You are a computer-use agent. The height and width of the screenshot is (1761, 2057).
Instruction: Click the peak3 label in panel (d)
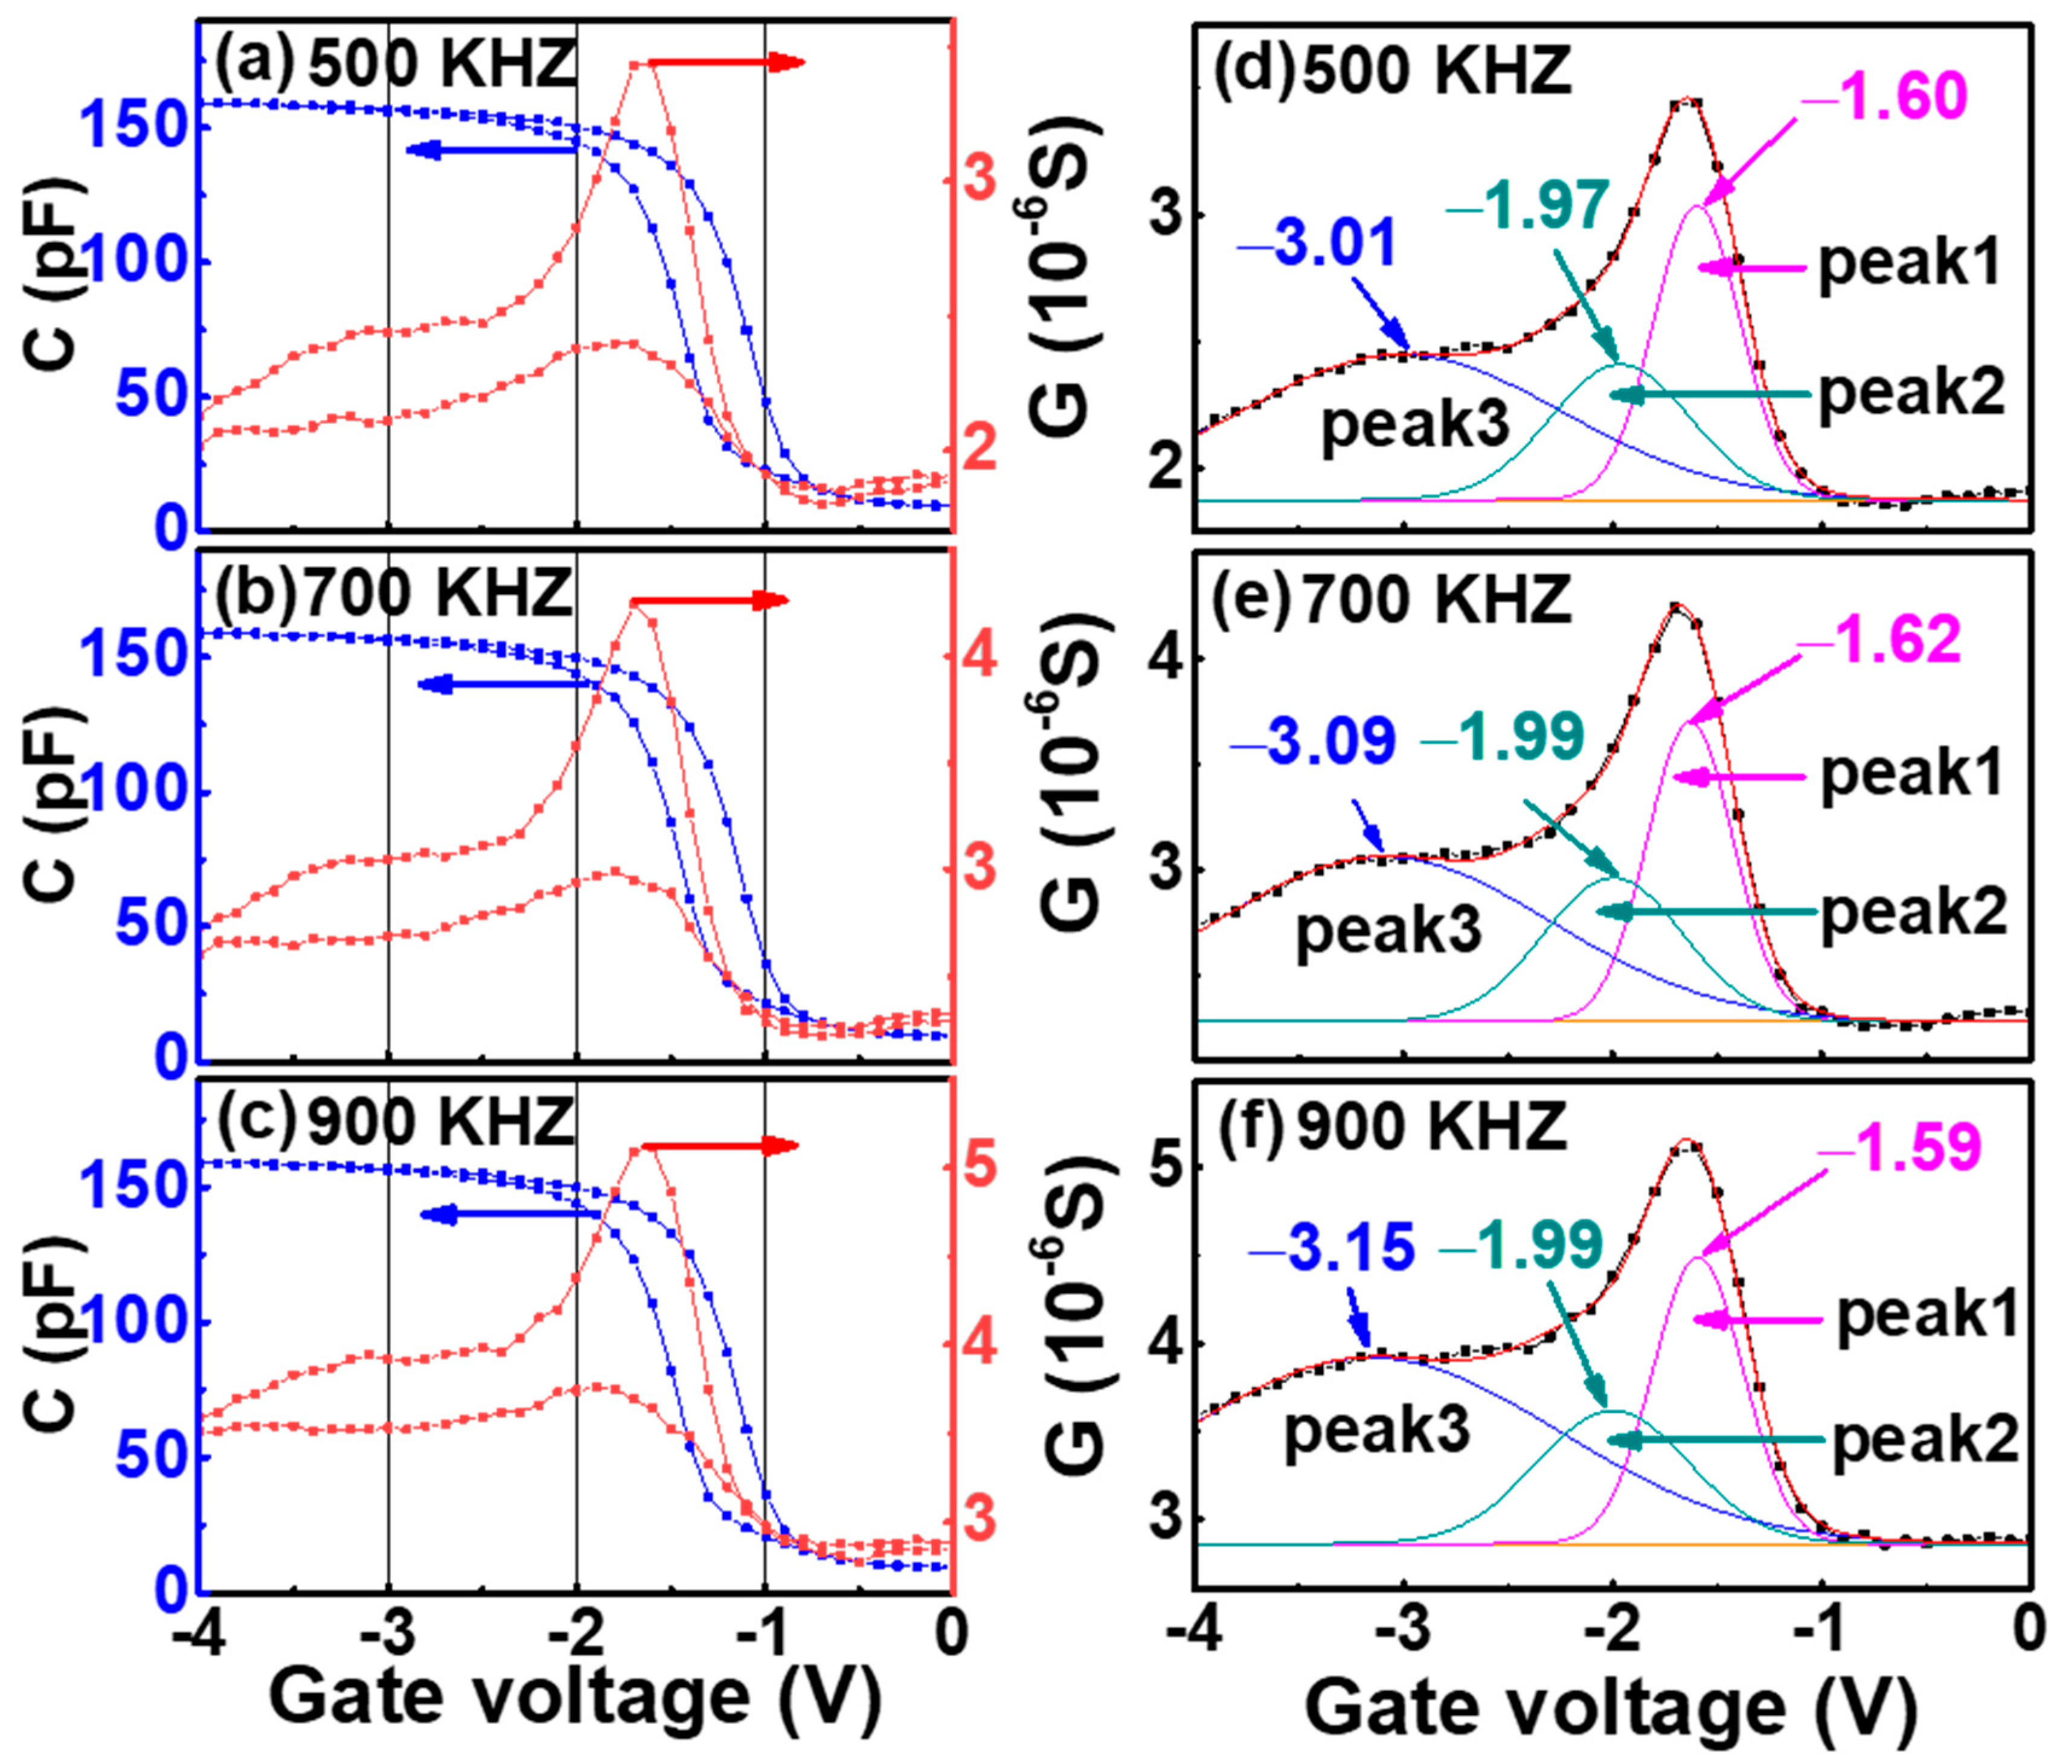coord(1414,425)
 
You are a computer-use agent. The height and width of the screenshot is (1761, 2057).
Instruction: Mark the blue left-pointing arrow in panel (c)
coord(512,1214)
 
